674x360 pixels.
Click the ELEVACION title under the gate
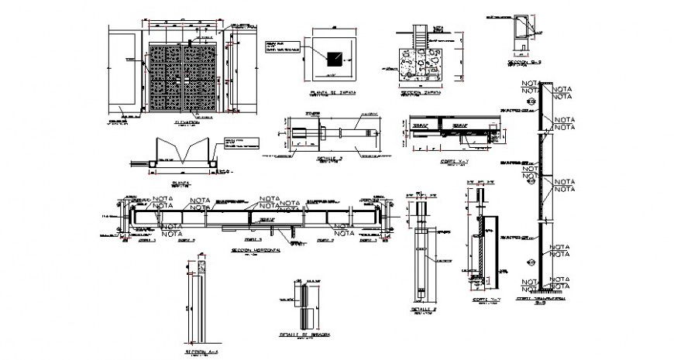[x=186, y=122]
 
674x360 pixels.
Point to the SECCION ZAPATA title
[x=421, y=91]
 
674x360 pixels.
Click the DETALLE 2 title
[x=425, y=309]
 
